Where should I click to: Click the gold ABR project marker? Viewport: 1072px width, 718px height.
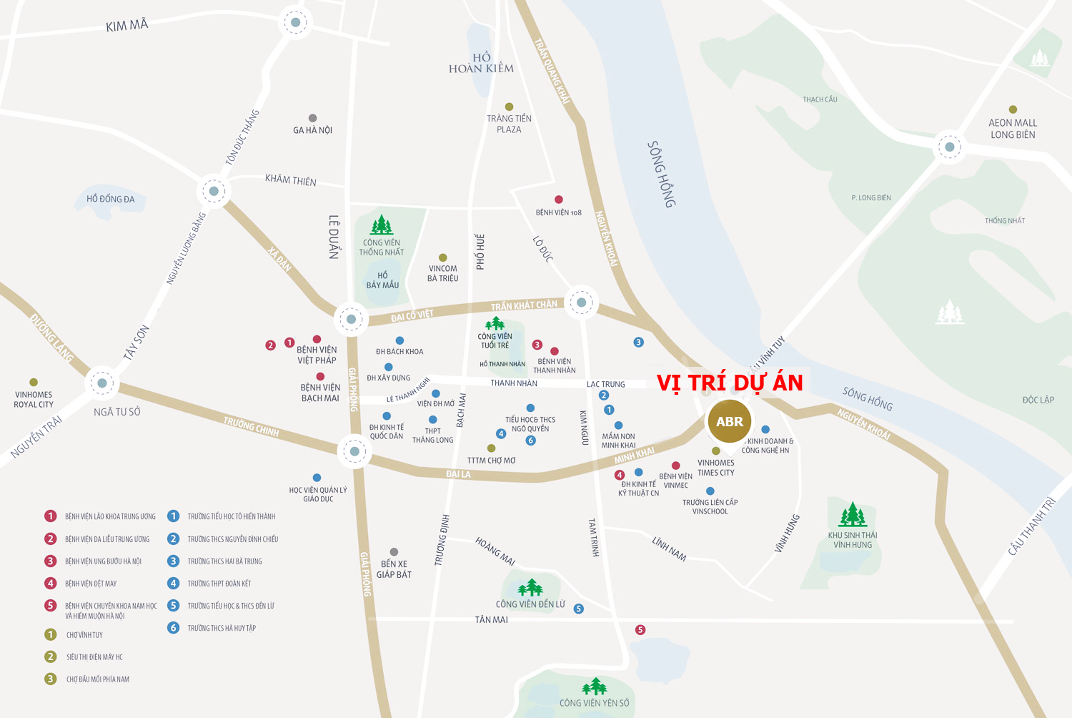[x=729, y=421]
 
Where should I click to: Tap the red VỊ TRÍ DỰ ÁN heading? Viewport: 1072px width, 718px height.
[x=730, y=383]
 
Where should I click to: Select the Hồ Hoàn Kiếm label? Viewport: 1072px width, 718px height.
[x=481, y=63]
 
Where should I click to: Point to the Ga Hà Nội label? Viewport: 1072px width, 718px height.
[x=312, y=130]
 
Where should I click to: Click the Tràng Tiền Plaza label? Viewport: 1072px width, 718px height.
[x=509, y=124]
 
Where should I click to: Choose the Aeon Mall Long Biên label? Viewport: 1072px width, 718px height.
[x=1012, y=129]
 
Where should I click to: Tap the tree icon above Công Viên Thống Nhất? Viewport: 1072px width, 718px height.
[x=381, y=225]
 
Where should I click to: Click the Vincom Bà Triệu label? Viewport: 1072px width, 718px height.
[x=442, y=273]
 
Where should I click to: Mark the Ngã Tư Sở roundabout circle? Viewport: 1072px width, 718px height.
[x=102, y=383]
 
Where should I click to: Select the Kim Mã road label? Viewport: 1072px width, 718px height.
[x=126, y=26]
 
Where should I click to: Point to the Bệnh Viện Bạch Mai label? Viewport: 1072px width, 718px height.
[x=319, y=393]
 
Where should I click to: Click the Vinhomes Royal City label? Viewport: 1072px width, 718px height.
[x=34, y=400]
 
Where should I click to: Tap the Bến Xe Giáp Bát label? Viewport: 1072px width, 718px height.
[x=394, y=569]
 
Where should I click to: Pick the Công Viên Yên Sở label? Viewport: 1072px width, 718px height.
[x=594, y=703]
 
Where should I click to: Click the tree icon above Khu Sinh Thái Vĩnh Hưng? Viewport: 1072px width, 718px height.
[x=852, y=514]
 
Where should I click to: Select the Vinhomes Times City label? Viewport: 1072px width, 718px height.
[x=715, y=468]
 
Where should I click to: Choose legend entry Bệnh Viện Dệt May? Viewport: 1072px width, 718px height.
[x=90, y=584]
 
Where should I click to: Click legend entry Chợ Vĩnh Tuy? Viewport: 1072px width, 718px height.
[x=84, y=635]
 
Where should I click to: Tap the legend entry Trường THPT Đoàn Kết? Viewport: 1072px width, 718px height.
[x=219, y=584]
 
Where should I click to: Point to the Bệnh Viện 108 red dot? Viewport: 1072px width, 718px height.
[x=559, y=200]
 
